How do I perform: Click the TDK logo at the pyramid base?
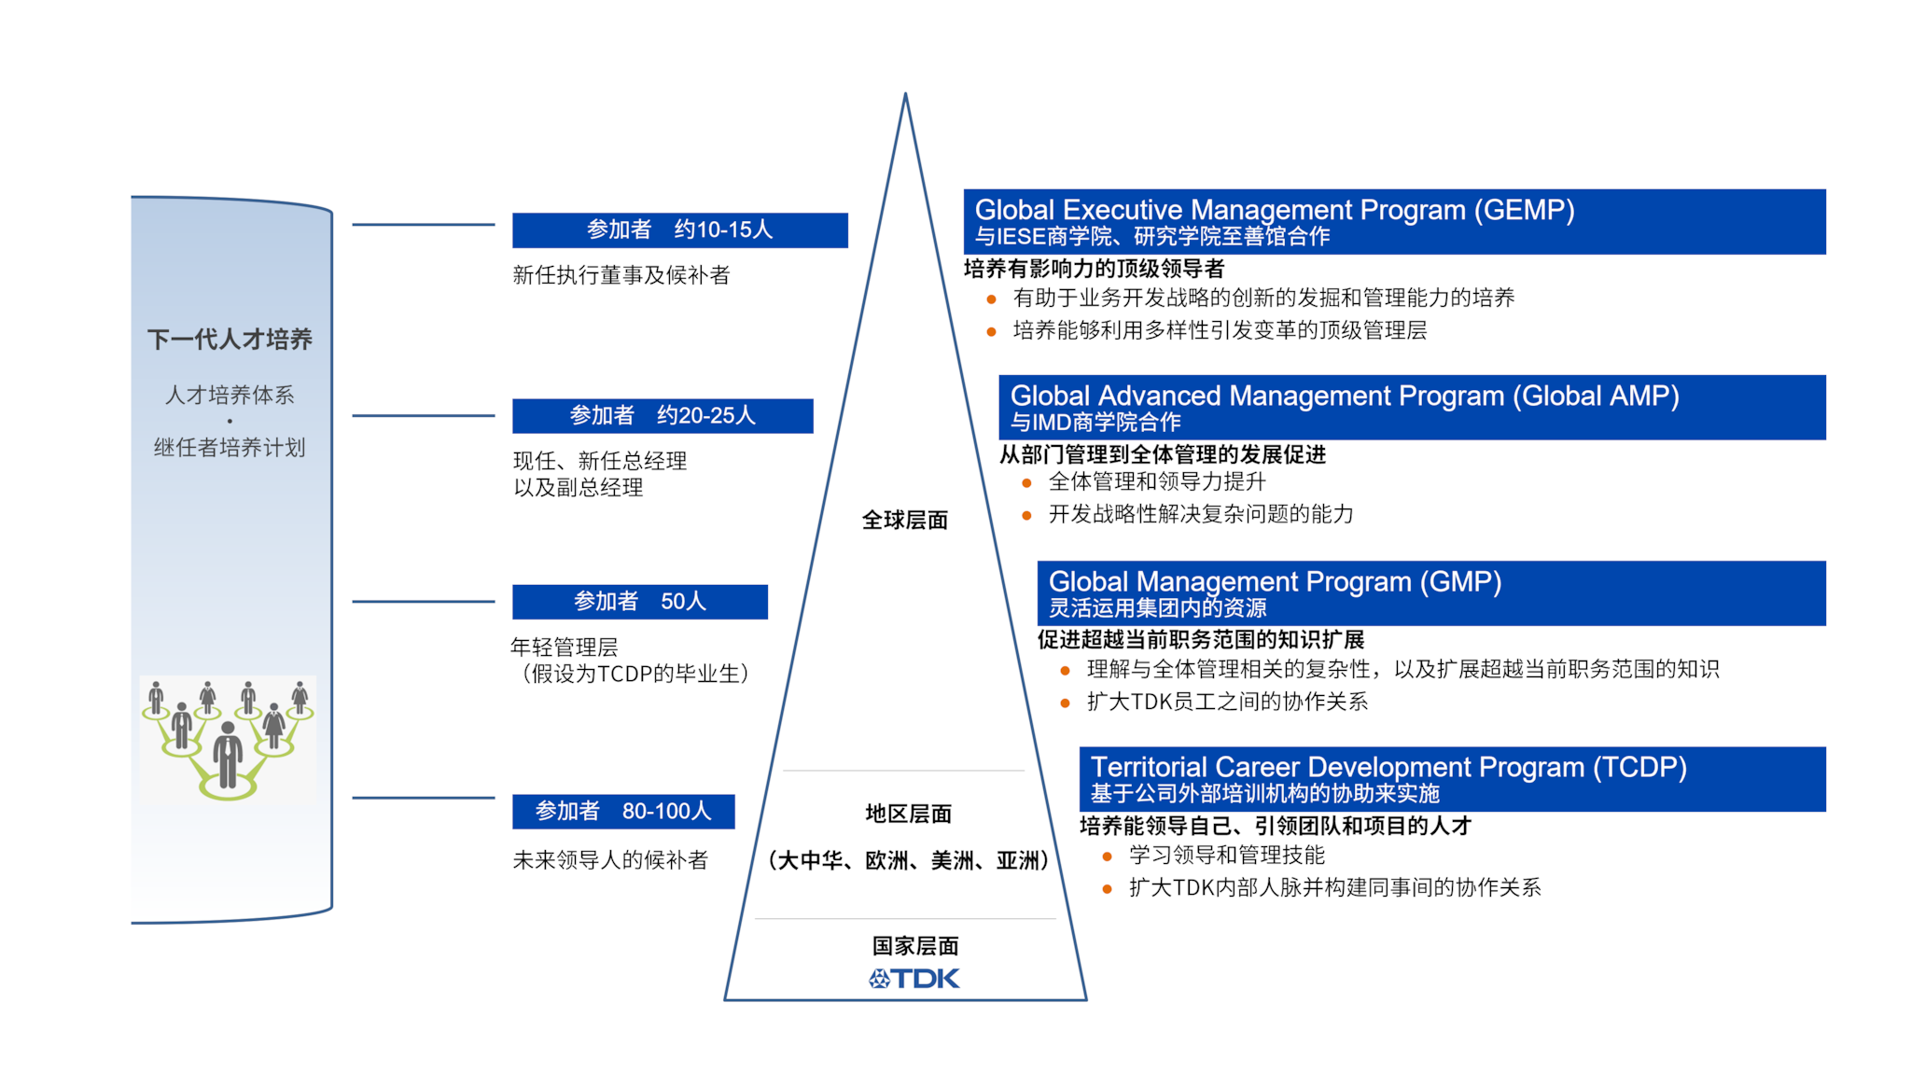pos(914,978)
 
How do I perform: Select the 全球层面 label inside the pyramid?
pos(904,520)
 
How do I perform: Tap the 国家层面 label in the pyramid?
pos(915,946)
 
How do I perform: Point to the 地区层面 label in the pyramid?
pos(908,814)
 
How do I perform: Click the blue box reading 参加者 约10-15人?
pos(680,230)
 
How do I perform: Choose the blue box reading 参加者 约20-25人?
pos(663,415)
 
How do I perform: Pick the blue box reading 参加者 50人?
pos(640,602)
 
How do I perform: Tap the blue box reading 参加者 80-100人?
pos(623,811)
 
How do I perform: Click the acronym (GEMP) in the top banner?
pos(1525,210)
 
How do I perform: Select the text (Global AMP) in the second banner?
pos(1596,396)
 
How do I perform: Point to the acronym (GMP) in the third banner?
pos(1460,581)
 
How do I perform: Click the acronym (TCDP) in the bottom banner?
pos(1639,767)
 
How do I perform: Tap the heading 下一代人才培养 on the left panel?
pos(230,339)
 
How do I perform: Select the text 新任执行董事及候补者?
pos(621,275)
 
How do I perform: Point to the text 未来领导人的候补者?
pos(610,859)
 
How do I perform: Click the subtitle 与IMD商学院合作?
pos(1095,423)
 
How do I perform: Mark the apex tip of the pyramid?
pos(905,92)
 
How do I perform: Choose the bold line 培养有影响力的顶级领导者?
pos(1094,269)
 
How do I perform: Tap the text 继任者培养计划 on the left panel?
pos(230,448)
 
